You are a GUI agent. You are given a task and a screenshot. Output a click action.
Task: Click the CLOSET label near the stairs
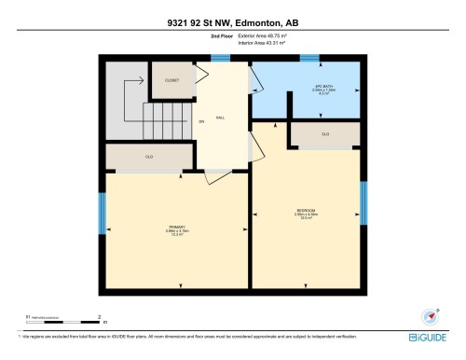coord(171,81)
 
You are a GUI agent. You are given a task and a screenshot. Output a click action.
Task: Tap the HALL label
coord(220,118)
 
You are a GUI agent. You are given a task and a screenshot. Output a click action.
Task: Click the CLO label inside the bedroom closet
coord(325,135)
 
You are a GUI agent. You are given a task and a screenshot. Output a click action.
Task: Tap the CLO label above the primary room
coord(148,157)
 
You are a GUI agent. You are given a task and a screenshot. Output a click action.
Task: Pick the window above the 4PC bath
coord(309,58)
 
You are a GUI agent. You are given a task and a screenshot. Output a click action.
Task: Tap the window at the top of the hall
coord(220,58)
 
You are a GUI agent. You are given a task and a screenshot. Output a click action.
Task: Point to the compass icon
coord(430,315)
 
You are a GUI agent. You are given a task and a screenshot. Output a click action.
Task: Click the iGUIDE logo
coord(433,338)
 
